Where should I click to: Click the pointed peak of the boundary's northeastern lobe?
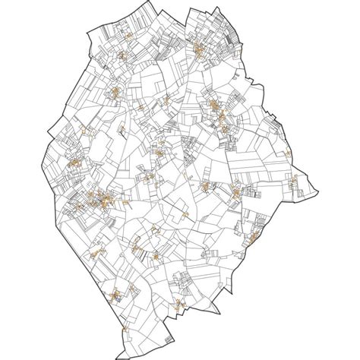tap(217, 8)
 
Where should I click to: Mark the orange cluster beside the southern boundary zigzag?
tap(182, 287)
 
